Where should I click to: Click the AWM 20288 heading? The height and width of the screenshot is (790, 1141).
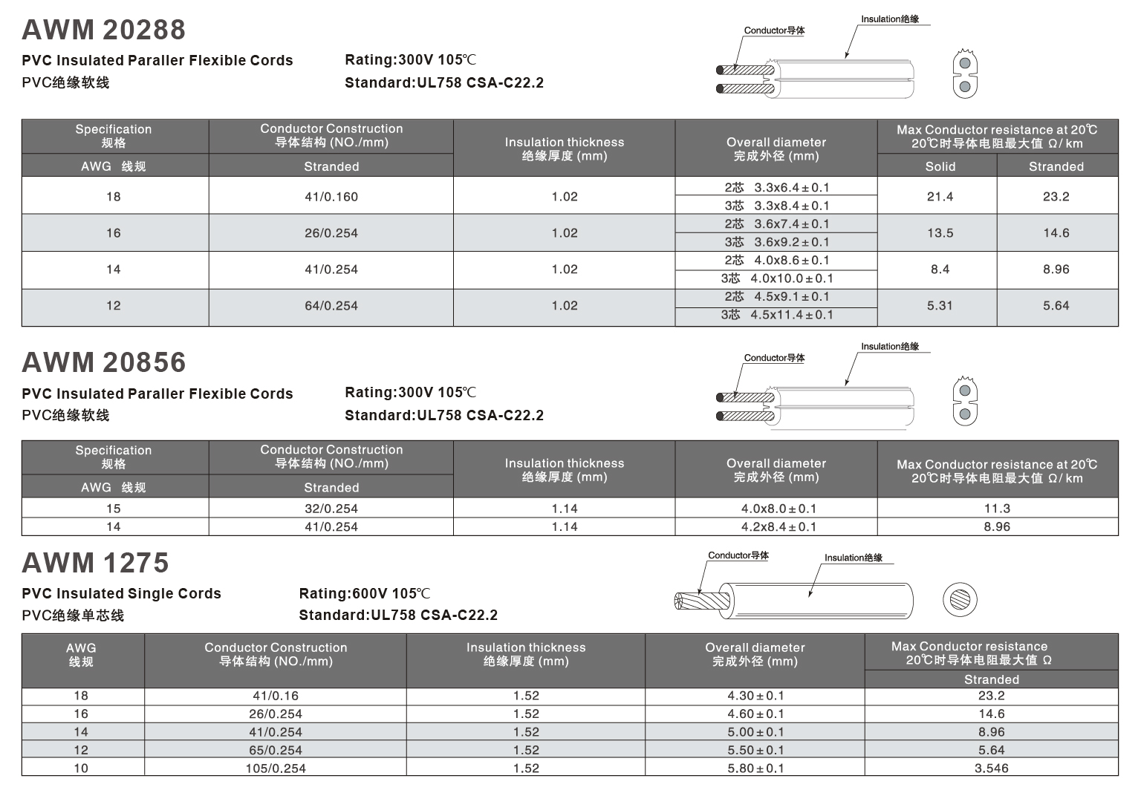[103, 30]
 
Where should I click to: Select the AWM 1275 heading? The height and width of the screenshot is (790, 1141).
[95, 563]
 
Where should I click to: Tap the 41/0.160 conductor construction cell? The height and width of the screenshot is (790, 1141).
[331, 197]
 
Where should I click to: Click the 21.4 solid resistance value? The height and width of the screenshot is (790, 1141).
[940, 197]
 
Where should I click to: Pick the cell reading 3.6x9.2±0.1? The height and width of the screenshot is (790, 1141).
[776, 242]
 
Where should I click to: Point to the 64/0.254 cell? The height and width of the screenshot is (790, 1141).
[331, 306]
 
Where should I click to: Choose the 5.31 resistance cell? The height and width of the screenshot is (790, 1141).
[940, 306]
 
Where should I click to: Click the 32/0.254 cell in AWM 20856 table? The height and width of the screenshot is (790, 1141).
[331, 509]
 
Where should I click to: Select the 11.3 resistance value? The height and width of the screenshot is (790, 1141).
[997, 509]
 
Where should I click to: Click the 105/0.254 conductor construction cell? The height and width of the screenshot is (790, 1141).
[276, 768]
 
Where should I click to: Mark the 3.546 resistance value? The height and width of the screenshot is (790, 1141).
[991, 768]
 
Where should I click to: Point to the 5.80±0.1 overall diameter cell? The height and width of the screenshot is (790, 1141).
[755, 768]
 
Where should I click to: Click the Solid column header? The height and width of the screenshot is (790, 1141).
[940, 166]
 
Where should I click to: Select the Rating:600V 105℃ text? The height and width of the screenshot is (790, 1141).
[364, 593]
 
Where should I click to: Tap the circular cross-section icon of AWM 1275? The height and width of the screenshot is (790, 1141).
[960, 599]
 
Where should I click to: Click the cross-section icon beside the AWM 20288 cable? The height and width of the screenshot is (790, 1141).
[965, 74]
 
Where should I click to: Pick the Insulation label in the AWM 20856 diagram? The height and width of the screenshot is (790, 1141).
[890, 347]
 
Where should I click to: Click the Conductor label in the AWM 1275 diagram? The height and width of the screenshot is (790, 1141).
[738, 555]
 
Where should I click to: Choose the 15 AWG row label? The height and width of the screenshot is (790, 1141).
[114, 509]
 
